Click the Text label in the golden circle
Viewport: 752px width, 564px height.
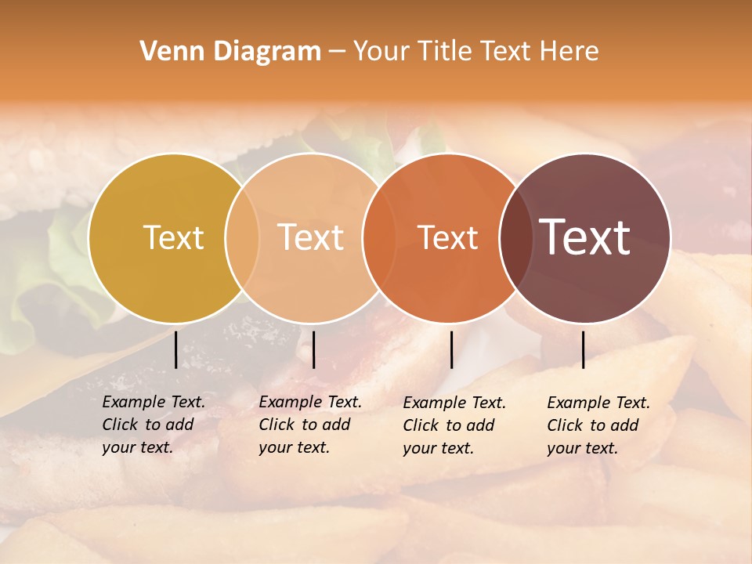click(x=173, y=237)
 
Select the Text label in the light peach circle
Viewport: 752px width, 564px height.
click(x=311, y=237)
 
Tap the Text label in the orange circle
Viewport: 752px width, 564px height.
click(x=448, y=237)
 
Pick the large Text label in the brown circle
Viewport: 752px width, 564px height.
click(x=585, y=237)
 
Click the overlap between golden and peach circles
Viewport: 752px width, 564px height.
click(x=242, y=237)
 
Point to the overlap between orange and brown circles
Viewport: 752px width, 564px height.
click(x=516, y=237)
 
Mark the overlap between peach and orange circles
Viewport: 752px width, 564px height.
click(x=373, y=237)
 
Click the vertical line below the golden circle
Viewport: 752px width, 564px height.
click(x=175, y=349)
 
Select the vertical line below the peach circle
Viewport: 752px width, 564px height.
click(x=313, y=349)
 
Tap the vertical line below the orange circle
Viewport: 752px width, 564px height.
click(x=451, y=349)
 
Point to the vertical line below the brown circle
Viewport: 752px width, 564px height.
click(x=583, y=349)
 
